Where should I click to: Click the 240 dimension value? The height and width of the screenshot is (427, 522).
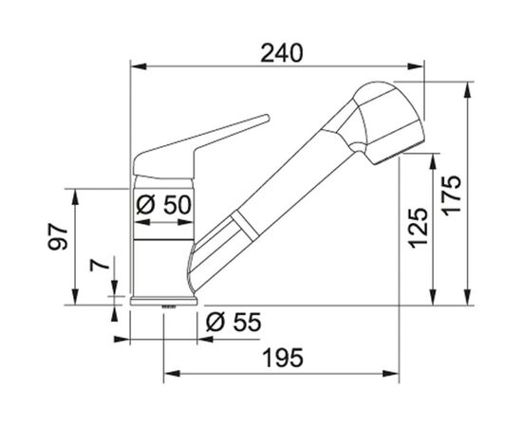tap(282, 53)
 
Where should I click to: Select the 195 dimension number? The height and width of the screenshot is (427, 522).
tap(283, 358)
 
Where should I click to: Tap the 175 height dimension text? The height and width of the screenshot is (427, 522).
tap(452, 195)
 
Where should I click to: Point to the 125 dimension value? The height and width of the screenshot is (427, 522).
tap(418, 229)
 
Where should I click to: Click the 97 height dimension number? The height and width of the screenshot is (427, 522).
tap(58, 236)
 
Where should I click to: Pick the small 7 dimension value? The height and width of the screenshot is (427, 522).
tap(100, 265)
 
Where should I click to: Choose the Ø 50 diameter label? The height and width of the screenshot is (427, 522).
tap(164, 204)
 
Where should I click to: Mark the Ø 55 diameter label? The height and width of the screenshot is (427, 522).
tap(233, 323)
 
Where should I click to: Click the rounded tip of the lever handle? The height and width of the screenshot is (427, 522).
tap(267, 118)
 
